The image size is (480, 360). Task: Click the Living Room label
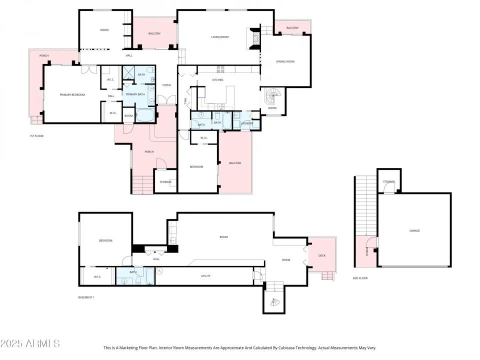pos(220,37)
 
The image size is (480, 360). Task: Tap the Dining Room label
pos(285,61)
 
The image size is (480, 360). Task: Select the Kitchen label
pos(217,80)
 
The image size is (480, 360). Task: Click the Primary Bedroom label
pos(72,94)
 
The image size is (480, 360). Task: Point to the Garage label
pos(414,230)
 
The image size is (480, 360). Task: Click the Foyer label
pos(166,85)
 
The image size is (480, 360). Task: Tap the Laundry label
pos(247,123)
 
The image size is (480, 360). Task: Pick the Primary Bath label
pos(135,94)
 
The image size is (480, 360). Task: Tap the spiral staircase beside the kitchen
pos(273,95)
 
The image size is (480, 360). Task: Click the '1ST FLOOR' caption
pos(36,135)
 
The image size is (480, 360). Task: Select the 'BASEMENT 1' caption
pos(86,297)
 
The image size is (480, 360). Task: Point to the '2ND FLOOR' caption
pos(360,278)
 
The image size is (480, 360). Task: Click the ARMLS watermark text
pos(30,343)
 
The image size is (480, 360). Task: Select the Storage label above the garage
pos(388,181)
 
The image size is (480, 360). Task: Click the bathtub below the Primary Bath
pos(146,115)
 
